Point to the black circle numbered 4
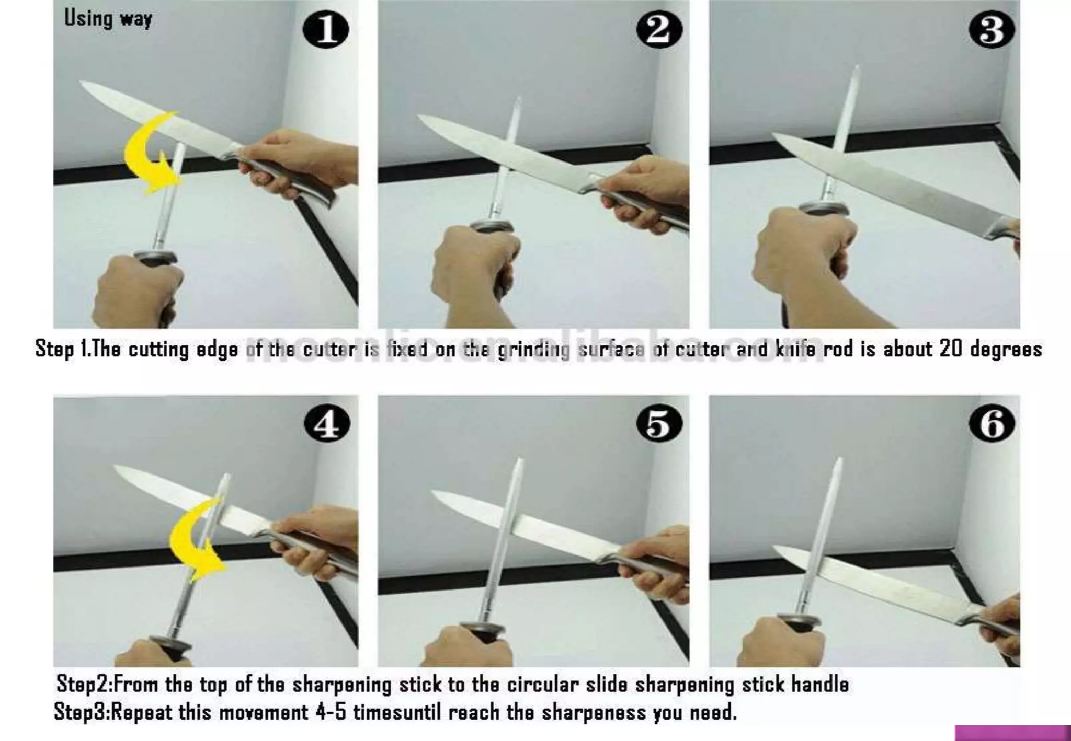click(327, 424)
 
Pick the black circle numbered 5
click(659, 424)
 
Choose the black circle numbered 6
click(992, 424)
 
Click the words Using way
click(108, 19)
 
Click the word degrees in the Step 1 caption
click(1006, 350)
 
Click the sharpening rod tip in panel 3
click(857, 68)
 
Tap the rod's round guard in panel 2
click(492, 226)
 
